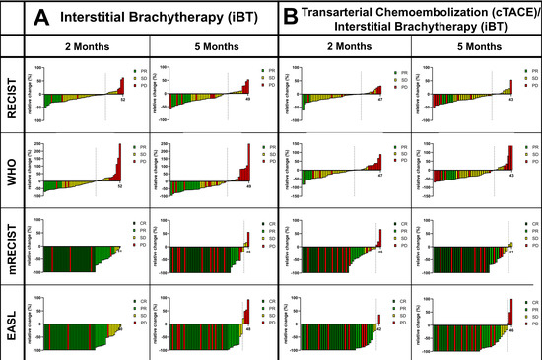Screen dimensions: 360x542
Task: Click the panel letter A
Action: tap(42, 17)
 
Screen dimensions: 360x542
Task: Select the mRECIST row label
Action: tap(12, 247)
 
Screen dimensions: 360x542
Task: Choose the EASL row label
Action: tap(12, 318)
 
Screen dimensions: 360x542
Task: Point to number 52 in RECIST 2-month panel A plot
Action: tap(121, 100)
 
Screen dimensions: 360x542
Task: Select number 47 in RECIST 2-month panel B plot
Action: tap(378, 100)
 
